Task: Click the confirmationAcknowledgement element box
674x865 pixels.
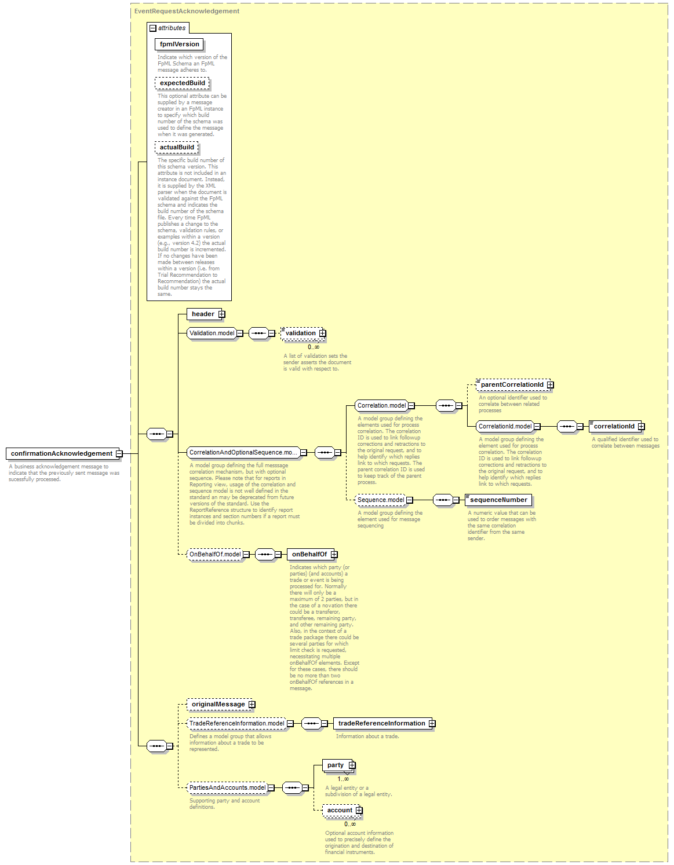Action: [62, 453]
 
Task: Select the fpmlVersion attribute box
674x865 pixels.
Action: [179, 44]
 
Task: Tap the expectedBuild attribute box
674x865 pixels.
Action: [182, 83]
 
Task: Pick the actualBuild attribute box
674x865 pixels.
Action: [176, 147]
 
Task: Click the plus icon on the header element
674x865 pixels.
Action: [222, 314]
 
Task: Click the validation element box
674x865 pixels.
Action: [303, 333]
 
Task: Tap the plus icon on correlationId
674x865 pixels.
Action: [642, 426]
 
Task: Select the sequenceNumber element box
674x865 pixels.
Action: [498, 500]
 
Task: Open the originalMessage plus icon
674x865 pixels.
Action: [252, 704]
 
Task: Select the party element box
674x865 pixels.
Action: [338, 765]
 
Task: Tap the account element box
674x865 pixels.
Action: [341, 810]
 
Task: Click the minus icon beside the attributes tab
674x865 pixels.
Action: [152, 28]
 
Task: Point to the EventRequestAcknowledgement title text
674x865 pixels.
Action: [187, 11]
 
